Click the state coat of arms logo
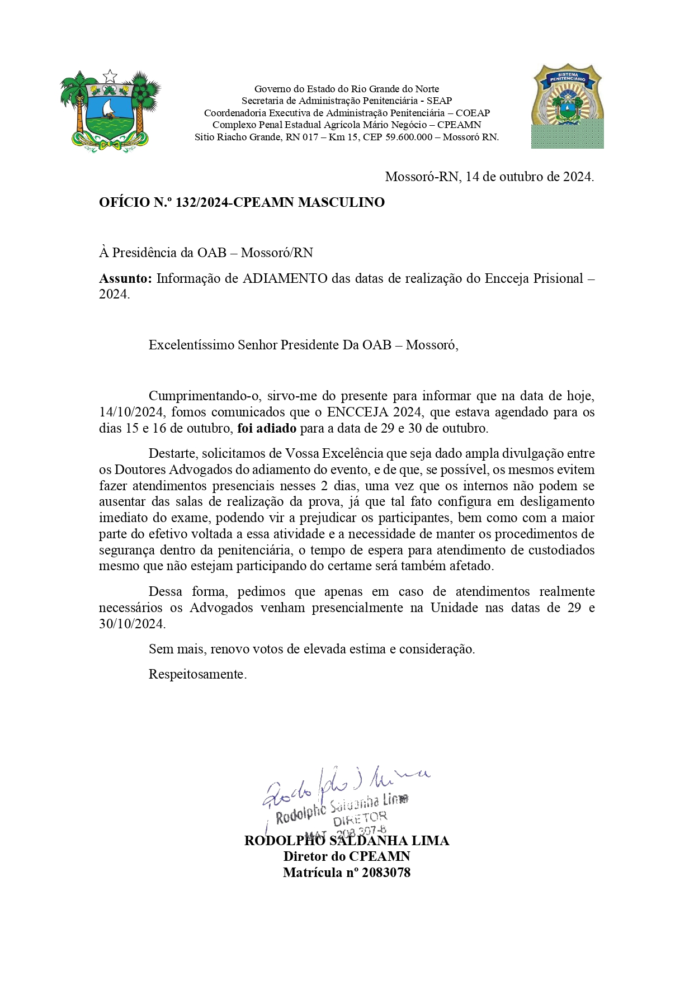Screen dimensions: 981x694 click(110, 112)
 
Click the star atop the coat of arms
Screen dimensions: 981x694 click(110, 75)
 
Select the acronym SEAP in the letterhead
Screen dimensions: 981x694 click(439, 101)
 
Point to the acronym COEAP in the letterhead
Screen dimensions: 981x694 click(473, 113)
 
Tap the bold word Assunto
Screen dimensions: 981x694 click(125, 278)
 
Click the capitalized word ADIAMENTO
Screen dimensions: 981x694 click(285, 278)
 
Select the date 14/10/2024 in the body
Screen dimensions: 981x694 click(131, 413)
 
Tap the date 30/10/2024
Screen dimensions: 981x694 click(132, 624)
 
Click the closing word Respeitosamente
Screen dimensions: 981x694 click(197, 674)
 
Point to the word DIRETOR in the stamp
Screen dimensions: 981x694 click(360, 819)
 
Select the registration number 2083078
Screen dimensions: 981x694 click(386, 873)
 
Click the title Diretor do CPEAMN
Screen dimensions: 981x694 click(347, 856)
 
